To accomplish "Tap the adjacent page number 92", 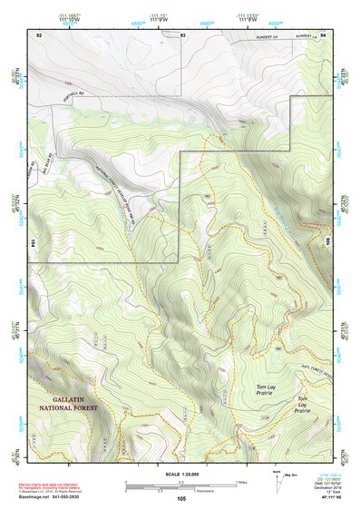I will (x=39, y=34).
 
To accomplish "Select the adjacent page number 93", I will (x=183, y=34).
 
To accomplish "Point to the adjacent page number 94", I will (x=323, y=34).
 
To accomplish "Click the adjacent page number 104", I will (x=33, y=243).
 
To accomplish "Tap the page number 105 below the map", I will (x=182, y=499).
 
